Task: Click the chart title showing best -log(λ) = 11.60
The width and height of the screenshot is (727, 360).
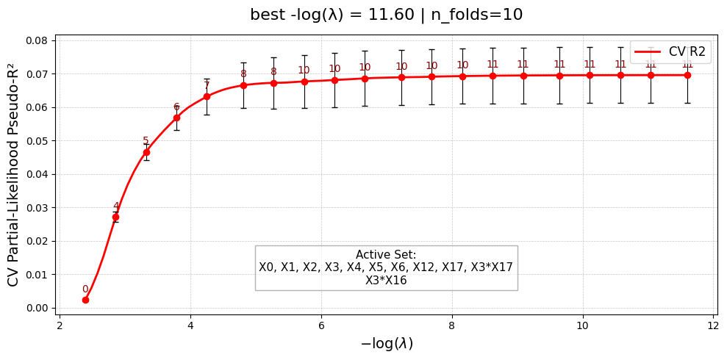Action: click(386, 15)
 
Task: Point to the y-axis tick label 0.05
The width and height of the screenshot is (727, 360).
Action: click(36, 141)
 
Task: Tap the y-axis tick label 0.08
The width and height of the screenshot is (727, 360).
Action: click(36, 40)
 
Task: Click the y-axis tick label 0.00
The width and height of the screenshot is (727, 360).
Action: click(36, 308)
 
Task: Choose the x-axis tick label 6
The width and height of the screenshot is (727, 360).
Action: click(321, 325)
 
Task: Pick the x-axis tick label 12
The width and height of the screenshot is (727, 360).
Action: click(713, 325)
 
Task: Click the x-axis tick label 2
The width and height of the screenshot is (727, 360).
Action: click(60, 325)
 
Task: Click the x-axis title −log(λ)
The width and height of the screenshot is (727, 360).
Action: click(386, 344)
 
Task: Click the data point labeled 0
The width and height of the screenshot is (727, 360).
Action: click(85, 300)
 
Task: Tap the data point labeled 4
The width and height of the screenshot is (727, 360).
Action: click(115, 217)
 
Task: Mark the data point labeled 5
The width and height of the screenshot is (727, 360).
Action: click(146, 152)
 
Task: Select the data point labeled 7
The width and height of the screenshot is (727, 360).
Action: click(207, 96)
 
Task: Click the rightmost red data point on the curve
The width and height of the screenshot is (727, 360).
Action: click(687, 75)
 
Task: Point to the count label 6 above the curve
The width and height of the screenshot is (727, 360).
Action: click(176, 107)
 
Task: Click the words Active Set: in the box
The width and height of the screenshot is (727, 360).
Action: click(386, 255)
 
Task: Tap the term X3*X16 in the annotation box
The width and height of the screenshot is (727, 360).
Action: click(386, 280)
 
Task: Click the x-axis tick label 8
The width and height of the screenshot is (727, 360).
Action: click(451, 325)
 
